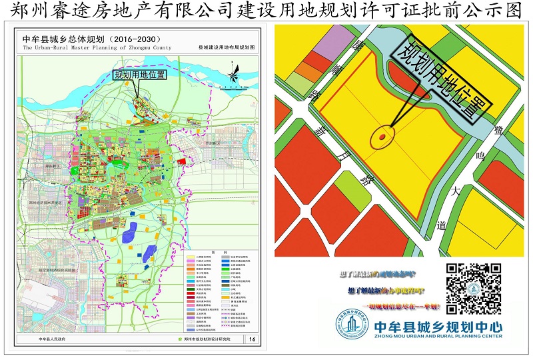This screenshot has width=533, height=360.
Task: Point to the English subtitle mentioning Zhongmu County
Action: pyautogui.click(x=97, y=48)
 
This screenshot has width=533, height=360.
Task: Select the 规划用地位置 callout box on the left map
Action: pyautogui.click(x=140, y=75)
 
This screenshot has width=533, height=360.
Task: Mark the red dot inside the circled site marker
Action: pyautogui.click(x=382, y=137)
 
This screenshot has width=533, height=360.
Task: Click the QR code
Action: pyautogui.click(x=474, y=288)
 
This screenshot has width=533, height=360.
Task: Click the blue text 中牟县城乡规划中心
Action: pyautogui.click(x=439, y=327)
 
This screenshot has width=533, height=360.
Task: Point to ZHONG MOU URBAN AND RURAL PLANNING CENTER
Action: pyautogui.click(x=439, y=338)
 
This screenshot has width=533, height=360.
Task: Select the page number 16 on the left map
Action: pyautogui.click(x=252, y=339)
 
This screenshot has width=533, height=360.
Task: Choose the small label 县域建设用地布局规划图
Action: pyautogui.click(x=227, y=49)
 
